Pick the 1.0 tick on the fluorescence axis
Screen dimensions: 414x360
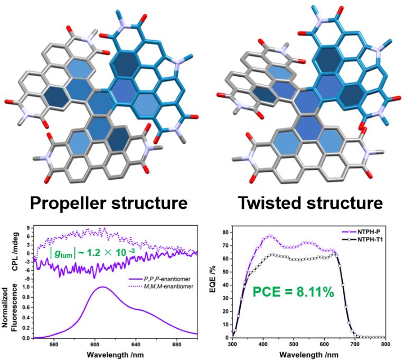[x=26, y=288]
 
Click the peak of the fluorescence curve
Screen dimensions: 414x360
[x=102, y=287]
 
